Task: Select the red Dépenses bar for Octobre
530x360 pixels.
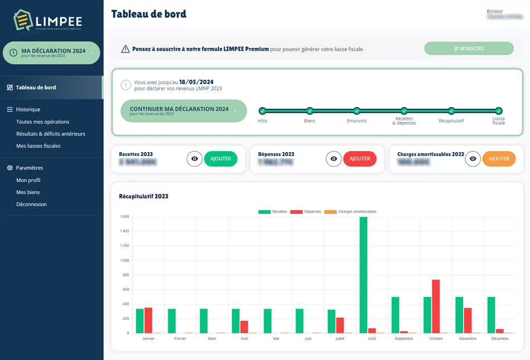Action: tap(436, 306)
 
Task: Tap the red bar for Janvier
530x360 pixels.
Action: tap(148, 320)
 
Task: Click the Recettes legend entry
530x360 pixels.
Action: tap(273, 212)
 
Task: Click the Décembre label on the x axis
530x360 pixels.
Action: tap(500, 338)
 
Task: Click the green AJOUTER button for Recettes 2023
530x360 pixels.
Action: tap(221, 159)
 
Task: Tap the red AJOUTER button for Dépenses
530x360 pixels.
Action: tap(359, 159)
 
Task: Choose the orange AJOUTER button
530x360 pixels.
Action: tap(499, 159)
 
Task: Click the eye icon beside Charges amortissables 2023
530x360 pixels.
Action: tap(473, 159)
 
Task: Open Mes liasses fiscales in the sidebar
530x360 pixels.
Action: tap(38, 146)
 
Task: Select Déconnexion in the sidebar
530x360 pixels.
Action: tap(31, 205)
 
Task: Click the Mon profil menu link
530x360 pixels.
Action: tap(28, 180)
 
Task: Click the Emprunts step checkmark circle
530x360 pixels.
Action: tap(357, 111)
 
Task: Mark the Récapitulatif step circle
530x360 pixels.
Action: tap(451, 111)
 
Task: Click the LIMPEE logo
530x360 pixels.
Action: tap(48, 21)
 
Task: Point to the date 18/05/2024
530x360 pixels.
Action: tap(196, 82)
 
